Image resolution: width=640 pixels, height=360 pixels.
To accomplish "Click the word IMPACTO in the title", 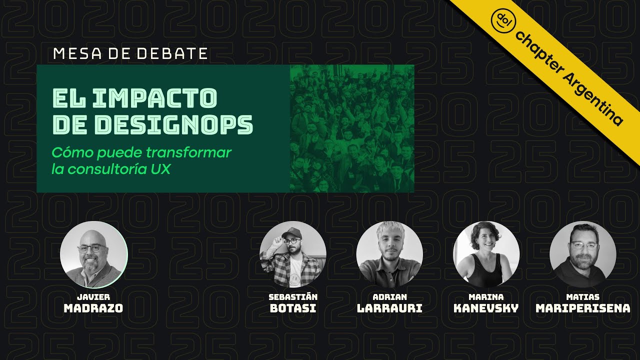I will (x=155, y=98).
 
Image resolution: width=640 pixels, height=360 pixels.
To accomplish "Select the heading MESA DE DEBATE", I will (x=130, y=53).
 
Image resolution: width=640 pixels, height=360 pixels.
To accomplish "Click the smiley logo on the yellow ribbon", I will (x=500, y=18).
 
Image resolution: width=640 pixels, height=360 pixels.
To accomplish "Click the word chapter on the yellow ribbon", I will (x=537, y=48).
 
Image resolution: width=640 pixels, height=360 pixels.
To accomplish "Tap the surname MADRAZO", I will (x=93, y=308).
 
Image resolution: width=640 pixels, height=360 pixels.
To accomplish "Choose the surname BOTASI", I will (x=293, y=308).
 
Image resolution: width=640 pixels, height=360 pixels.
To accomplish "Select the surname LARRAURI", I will (x=389, y=308).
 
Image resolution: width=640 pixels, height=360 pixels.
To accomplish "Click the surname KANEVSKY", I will (x=486, y=308).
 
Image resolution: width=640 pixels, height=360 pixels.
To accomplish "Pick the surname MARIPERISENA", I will (x=583, y=308).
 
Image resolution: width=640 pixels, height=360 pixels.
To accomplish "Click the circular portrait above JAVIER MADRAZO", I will (x=94, y=254).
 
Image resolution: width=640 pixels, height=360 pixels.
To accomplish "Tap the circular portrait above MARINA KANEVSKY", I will (x=486, y=254).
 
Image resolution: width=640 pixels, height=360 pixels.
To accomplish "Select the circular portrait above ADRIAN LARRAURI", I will (x=389, y=254).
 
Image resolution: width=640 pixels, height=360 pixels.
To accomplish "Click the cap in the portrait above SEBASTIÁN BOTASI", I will (x=291, y=232).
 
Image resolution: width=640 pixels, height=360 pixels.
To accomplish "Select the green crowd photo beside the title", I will (x=352, y=128).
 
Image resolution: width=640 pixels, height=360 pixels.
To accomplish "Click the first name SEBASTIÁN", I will (x=293, y=297).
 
